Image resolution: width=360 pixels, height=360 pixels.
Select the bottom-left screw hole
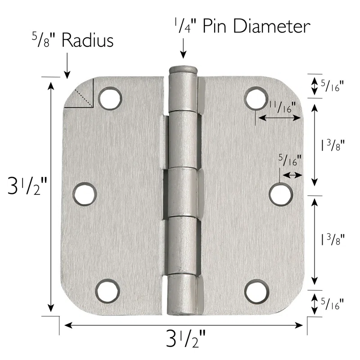click(x=108, y=290)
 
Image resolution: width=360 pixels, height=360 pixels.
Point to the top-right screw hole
click(x=256, y=98)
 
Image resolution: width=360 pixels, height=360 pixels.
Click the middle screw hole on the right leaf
click(x=281, y=194)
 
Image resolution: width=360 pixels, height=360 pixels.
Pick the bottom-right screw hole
click(x=256, y=289)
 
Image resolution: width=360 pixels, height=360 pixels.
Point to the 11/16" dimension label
click(x=281, y=108)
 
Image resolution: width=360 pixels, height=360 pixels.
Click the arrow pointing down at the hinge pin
click(x=183, y=49)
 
